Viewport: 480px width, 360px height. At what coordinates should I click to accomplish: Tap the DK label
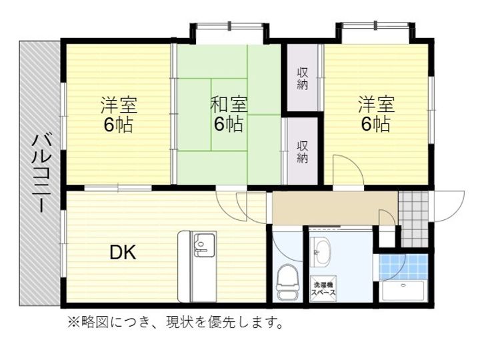[x=123, y=253]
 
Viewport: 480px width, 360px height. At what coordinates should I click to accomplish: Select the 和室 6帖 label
[x=229, y=114]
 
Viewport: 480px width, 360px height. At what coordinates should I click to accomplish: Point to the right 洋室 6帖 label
[x=376, y=114]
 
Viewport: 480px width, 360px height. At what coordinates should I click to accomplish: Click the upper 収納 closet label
[x=303, y=77]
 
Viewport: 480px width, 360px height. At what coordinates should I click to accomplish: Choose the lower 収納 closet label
[x=303, y=151]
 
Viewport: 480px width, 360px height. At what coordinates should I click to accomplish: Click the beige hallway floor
[x=327, y=209]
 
